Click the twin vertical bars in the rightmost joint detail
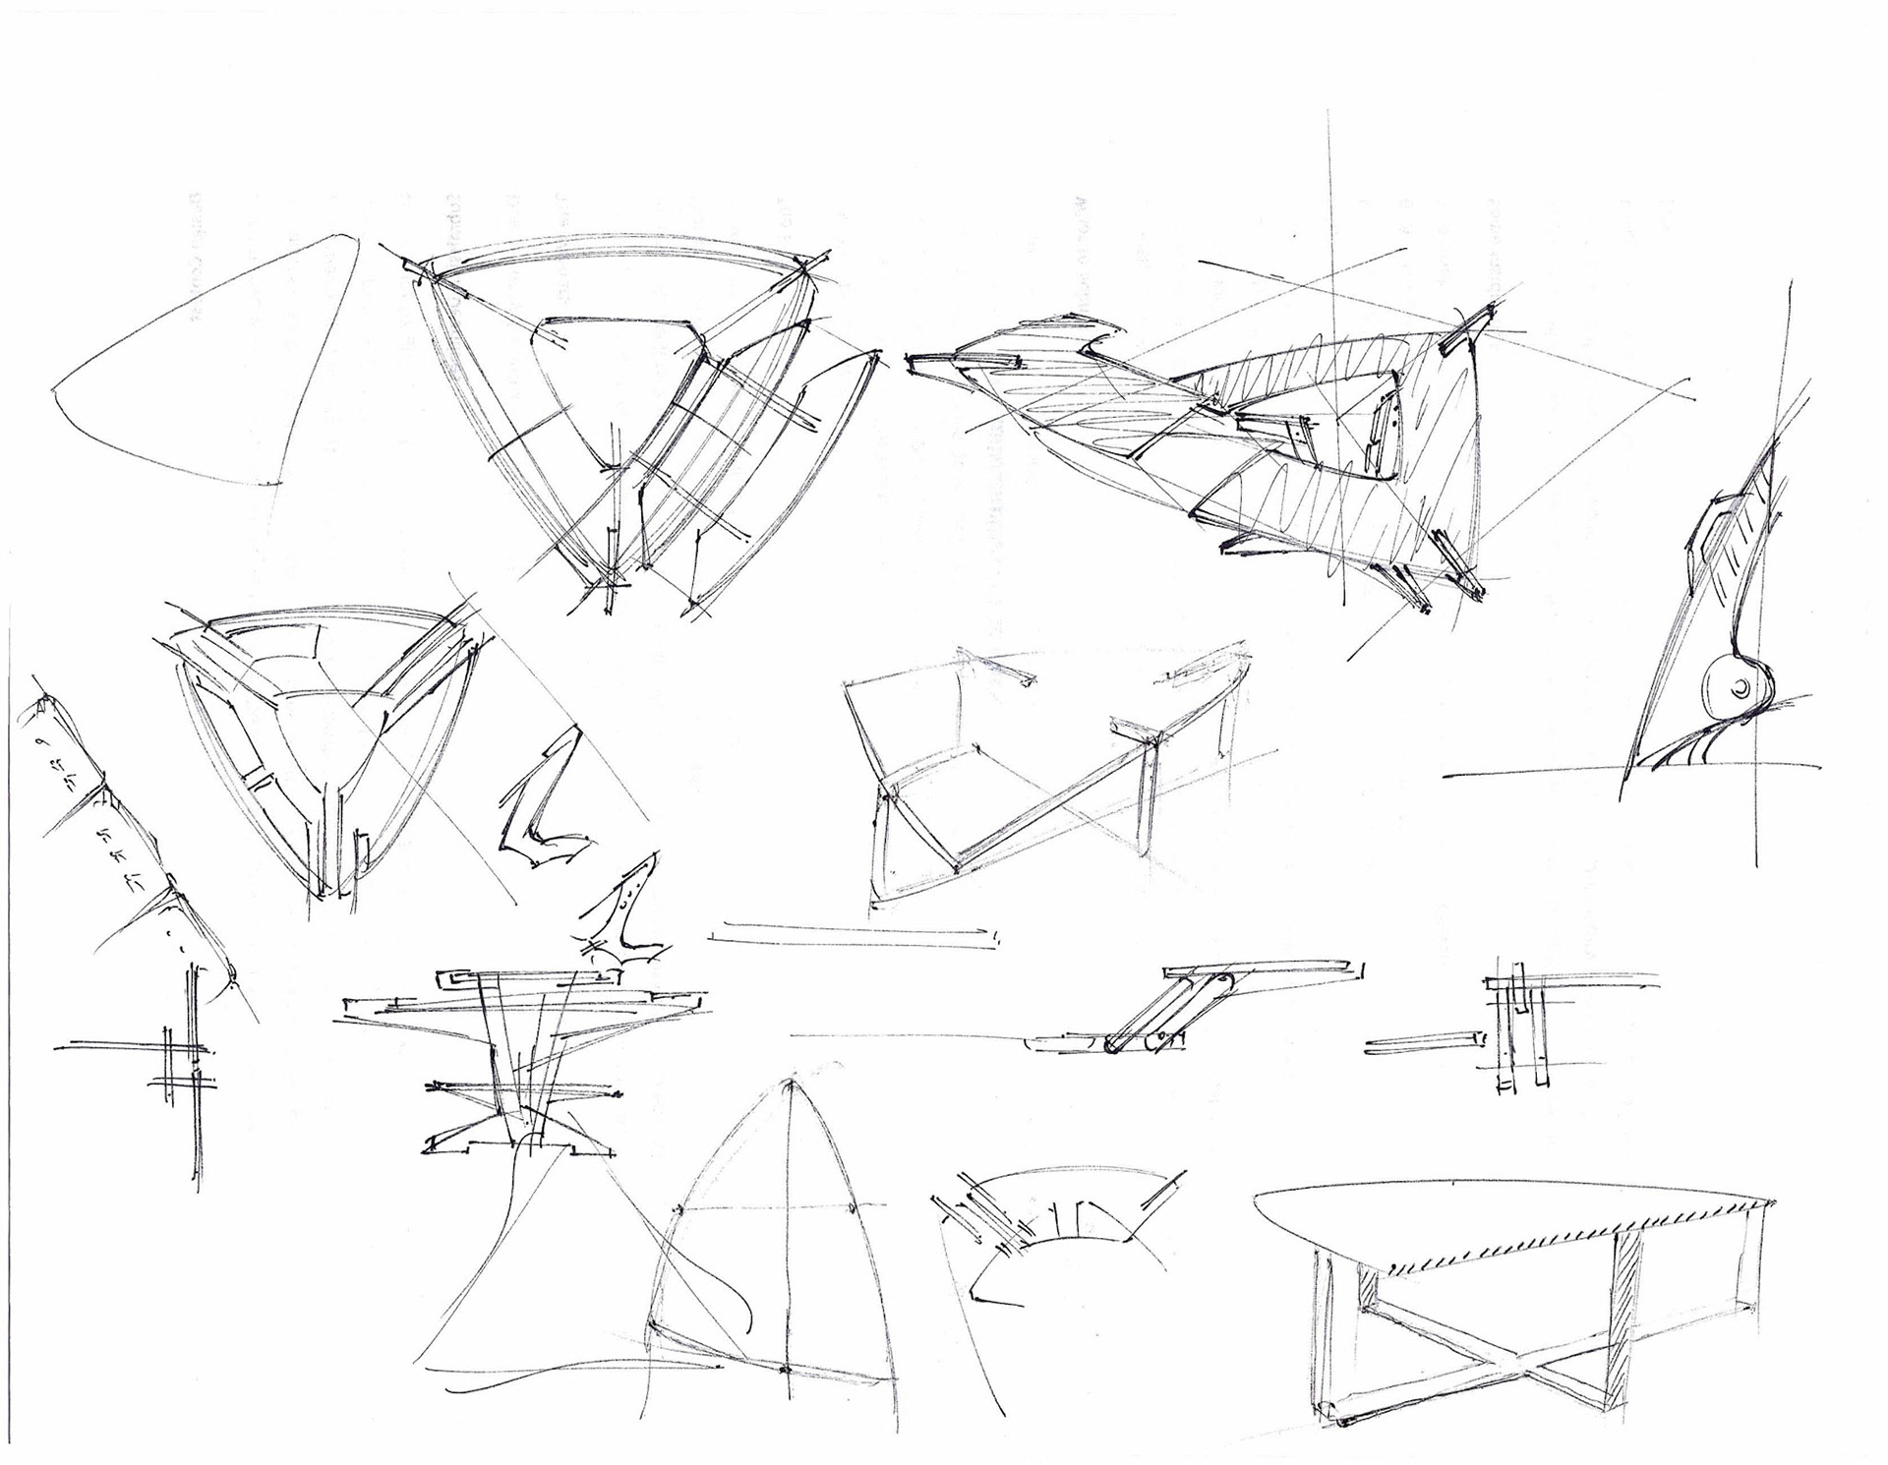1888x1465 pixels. pyautogui.click(x=1519, y=1032)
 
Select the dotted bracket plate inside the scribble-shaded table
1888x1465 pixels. pyautogui.click(x=1386, y=438)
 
